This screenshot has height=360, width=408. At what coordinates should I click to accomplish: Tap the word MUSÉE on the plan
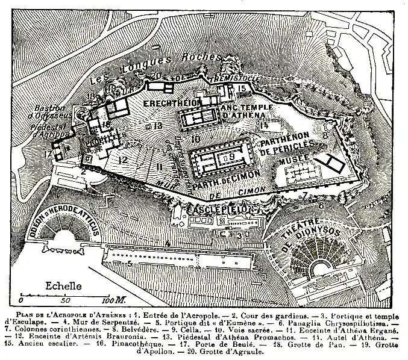[293, 158]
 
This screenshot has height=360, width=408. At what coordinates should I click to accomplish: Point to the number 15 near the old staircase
[241, 89]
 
